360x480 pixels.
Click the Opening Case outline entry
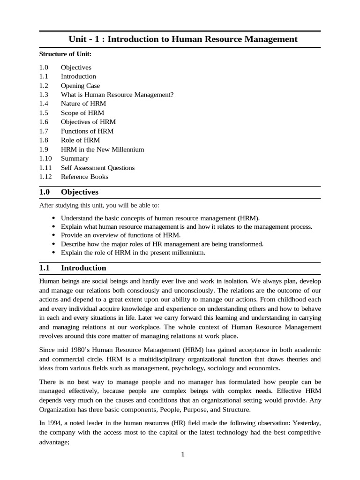coord(80,85)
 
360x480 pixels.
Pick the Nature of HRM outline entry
coord(83,104)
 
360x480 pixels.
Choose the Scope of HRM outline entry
coord(82,113)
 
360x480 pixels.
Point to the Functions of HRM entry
coord(87,131)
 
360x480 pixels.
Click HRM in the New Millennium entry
coord(102,150)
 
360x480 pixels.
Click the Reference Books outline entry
coord(84,177)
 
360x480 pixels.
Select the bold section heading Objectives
coord(80,192)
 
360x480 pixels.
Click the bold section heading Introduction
coord(83,268)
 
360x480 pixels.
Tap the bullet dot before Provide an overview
coord(52,235)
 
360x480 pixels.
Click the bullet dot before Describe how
coord(52,244)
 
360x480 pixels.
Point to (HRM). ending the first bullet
coord(248,218)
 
